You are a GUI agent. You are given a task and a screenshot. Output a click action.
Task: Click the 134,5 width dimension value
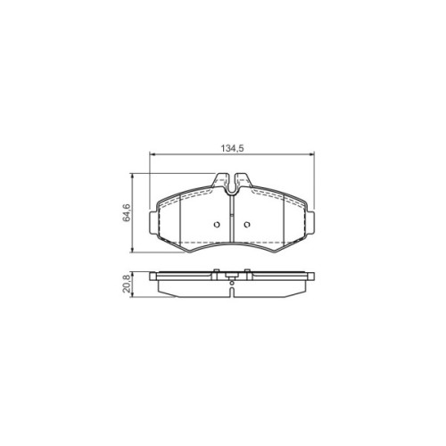coord(232,148)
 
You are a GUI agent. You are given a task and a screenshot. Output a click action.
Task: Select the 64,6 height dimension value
coord(127,212)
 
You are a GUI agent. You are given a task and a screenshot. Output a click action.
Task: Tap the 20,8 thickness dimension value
coord(127,284)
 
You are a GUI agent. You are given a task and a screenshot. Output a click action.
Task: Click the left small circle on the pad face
coord(217,225)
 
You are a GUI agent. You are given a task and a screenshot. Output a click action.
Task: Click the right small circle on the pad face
coord(246,225)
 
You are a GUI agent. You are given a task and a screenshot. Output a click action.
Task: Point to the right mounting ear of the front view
coord(310,222)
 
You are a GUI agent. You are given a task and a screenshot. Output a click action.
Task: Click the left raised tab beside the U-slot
coord(221,180)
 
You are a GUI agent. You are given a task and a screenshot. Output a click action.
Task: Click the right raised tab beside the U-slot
coord(243,180)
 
